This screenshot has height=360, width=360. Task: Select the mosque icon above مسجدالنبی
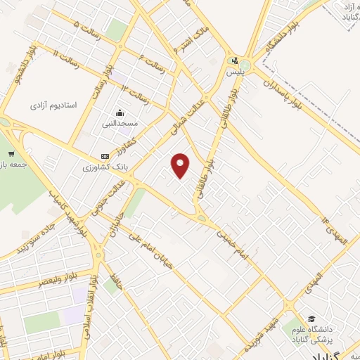[120, 112]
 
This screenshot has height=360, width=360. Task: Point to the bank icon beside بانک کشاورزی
[105, 156]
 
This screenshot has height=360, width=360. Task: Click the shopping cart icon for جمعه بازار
[11, 153]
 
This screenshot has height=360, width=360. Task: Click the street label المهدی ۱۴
[337, 233]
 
